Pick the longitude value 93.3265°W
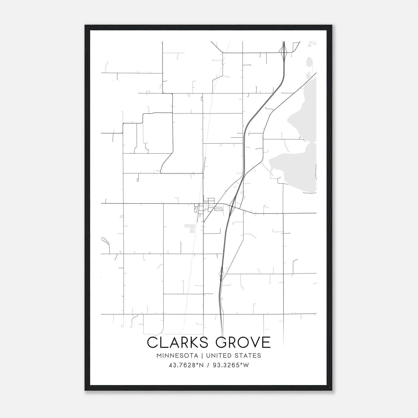(x=231, y=365)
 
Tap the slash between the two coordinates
(x=208, y=365)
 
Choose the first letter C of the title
(x=152, y=342)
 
